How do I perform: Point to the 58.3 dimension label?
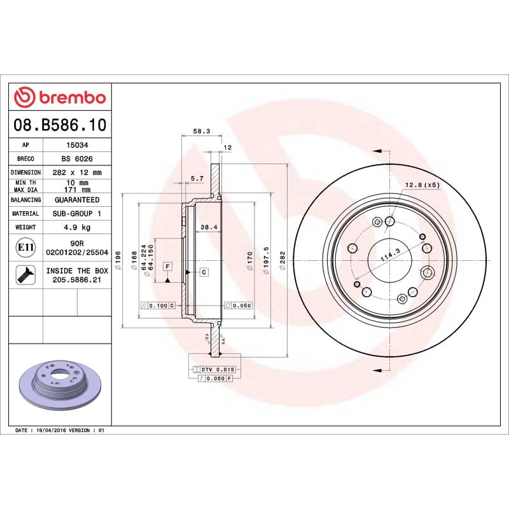201,132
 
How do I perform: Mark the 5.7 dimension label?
197,179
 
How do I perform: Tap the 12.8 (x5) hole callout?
422,185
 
